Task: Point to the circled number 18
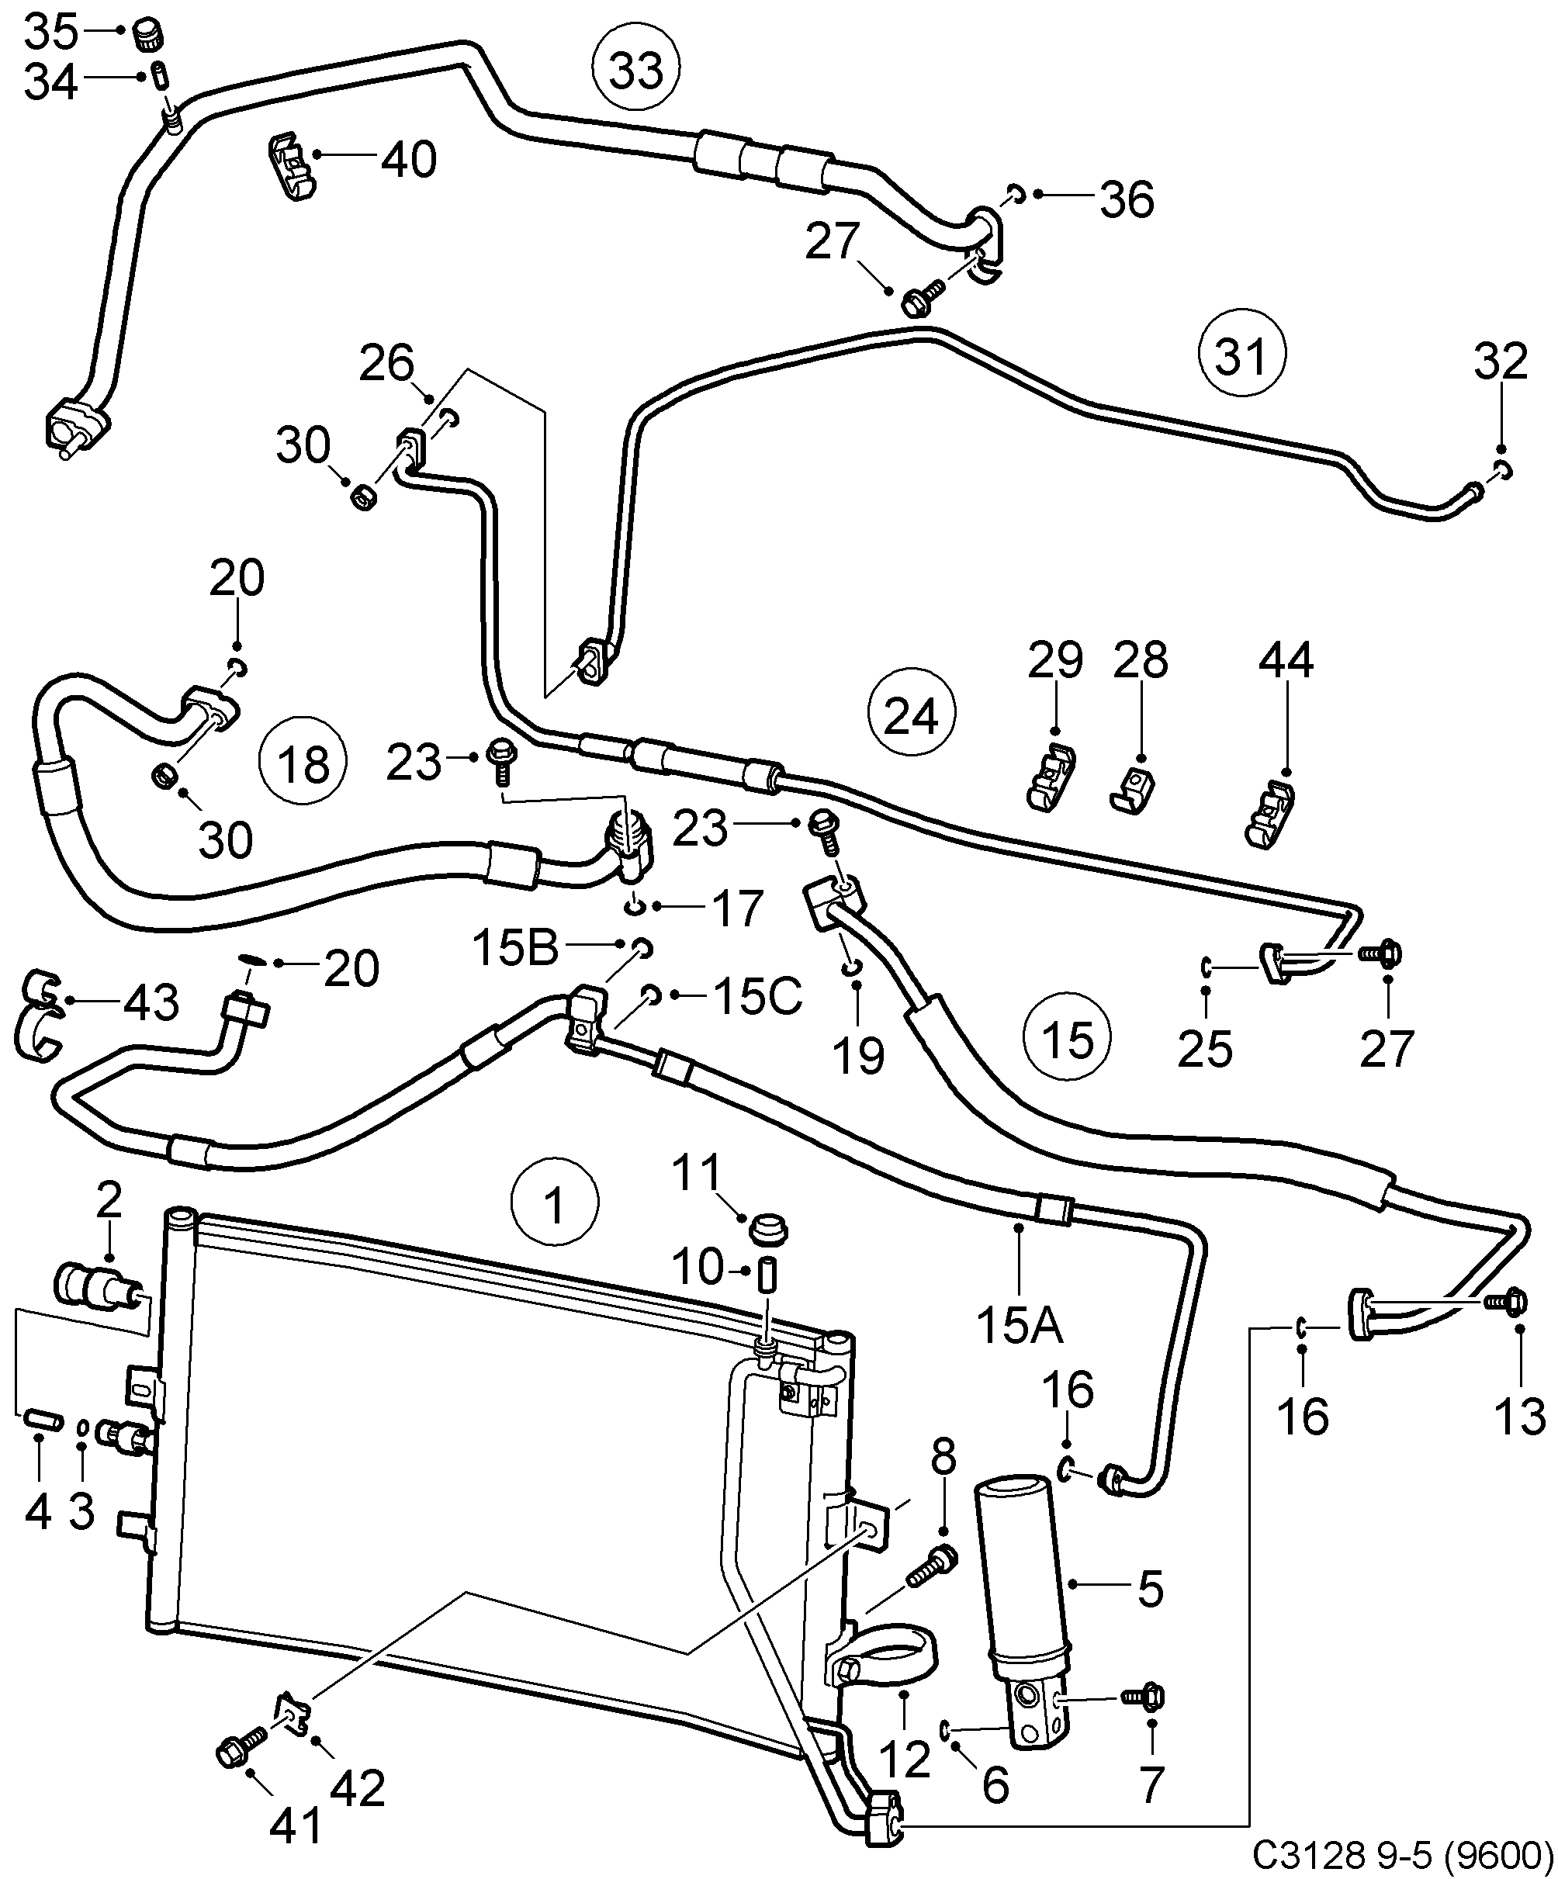303,763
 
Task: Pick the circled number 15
1068,1039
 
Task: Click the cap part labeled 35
148,36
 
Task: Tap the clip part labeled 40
291,167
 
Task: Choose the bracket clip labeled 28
1133,789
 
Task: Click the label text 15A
1020,1325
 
